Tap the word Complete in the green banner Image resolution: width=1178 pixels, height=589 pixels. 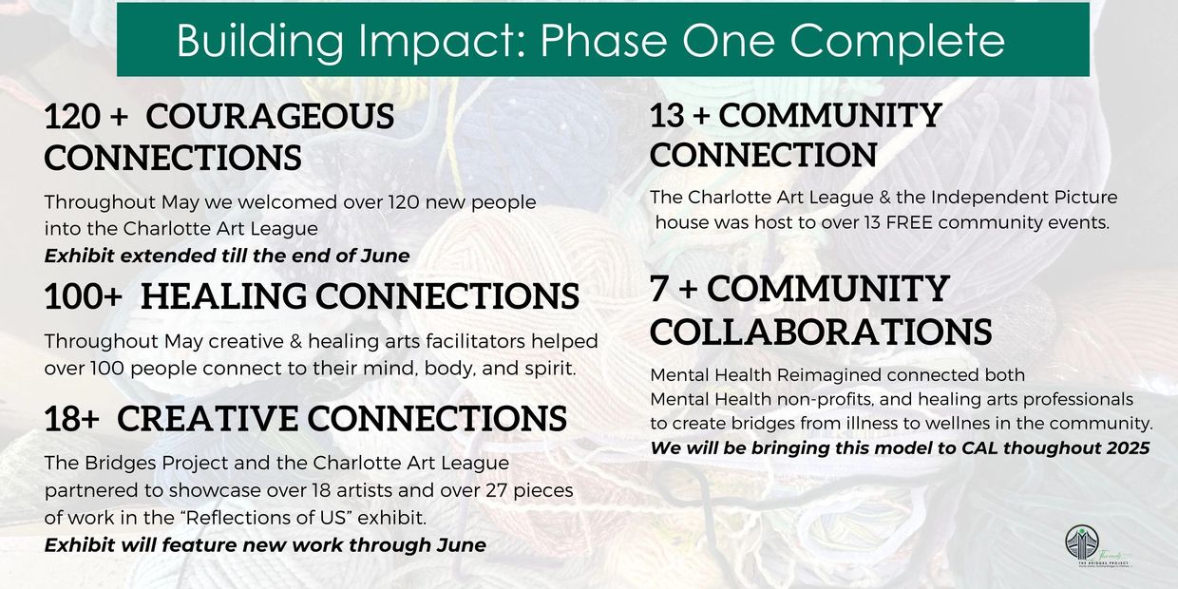coord(896,40)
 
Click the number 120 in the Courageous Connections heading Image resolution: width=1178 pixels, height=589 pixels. coord(72,116)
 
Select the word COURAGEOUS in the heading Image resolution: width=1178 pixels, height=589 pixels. coord(270,116)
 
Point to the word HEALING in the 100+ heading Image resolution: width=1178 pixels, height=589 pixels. coord(223,295)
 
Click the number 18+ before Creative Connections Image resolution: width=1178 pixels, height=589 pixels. coord(71,419)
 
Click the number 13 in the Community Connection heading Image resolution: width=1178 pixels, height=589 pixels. coord(667,116)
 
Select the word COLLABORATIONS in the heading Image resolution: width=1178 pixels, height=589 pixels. coord(821,332)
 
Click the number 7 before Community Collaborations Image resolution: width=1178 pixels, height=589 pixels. coord(659,289)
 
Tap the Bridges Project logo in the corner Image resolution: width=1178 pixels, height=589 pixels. coord(1097,546)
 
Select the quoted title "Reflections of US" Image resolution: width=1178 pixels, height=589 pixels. coord(269,518)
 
